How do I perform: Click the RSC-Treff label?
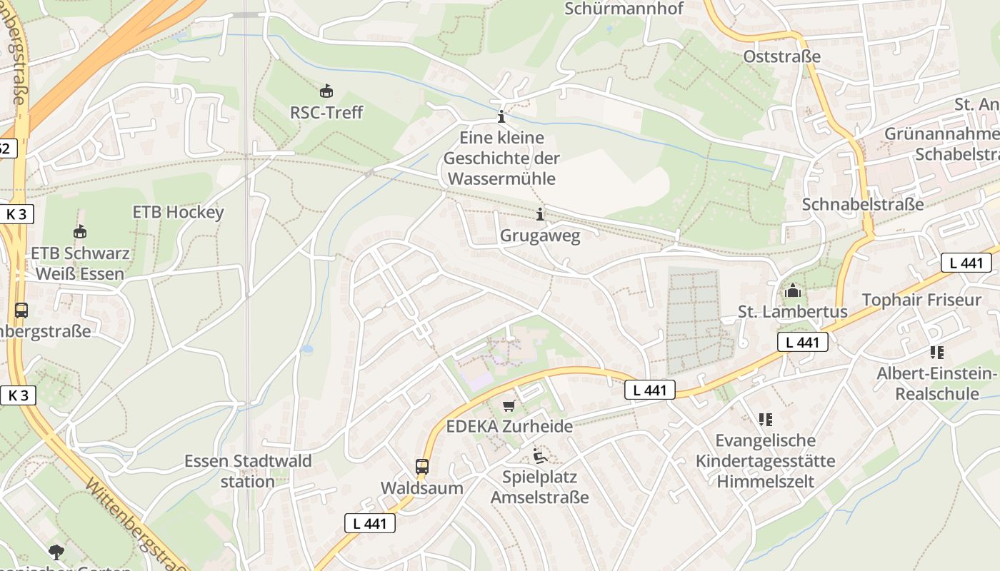[x=326, y=113]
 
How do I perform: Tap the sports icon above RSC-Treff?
[x=326, y=91]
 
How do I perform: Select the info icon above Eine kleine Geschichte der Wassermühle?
[x=501, y=117]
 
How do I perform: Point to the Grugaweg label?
[x=540, y=235]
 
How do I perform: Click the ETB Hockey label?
[x=179, y=212]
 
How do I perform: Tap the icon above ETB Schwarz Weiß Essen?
[x=80, y=231]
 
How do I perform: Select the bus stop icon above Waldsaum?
[x=422, y=467]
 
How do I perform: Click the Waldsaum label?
[x=421, y=488]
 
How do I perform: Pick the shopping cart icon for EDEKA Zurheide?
[x=509, y=405]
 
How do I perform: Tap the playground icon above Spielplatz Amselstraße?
[x=540, y=455]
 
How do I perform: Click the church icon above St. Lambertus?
[x=792, y=290]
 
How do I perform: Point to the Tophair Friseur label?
[x=921, y=300]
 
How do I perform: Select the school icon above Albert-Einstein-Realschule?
[x=936, y=352]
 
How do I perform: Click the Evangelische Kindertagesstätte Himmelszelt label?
[x=765, y=461]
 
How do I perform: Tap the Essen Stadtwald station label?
[x=248, y=471]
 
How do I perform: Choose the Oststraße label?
[x=782, y=56]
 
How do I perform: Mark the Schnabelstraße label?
[x=863, y=204]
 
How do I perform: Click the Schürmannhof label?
[x=624, y=9]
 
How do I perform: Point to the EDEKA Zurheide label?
[x=509, y=427]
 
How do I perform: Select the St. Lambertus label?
[x=793, y=312]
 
